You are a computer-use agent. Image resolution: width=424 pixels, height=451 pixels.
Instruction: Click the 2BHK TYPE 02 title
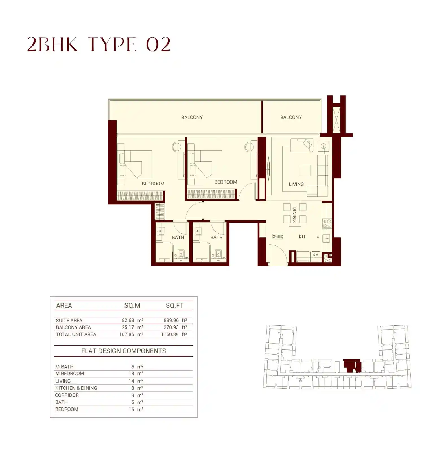[99, 45]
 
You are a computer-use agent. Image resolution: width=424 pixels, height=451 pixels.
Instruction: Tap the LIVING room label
[296, 184]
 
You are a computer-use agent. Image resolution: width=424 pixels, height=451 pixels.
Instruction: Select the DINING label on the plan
[294, 215]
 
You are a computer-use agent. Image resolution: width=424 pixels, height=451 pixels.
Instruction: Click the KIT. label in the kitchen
[303, 237]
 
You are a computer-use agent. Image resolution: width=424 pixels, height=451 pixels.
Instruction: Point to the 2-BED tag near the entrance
[278, 236]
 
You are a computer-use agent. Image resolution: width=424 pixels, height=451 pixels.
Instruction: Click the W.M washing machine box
[315, 255]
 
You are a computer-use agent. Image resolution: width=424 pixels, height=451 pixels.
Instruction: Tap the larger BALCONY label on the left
[192, 117]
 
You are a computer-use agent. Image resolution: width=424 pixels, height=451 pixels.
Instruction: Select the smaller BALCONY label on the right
[291, 117]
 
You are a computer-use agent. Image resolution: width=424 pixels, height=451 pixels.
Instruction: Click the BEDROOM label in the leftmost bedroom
[153, 184]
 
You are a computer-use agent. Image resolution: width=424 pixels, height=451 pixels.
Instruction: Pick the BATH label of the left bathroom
[178, 238]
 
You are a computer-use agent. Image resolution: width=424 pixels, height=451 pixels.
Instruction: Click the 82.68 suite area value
[128, 320]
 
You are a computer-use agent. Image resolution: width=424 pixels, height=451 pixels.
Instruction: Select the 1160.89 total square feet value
[170, 334]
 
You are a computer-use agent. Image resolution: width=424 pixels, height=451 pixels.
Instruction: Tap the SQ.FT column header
[174, 305]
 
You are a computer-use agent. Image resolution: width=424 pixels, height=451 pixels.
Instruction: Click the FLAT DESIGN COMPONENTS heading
[123, 351]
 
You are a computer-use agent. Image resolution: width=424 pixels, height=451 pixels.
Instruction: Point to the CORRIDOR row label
[67, 395]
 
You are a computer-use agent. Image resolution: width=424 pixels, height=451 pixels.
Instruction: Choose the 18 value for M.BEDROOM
[131, 374]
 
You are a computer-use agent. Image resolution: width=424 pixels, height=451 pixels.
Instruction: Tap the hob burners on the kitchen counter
[327, 223]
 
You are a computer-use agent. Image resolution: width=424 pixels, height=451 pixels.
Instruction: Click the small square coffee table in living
[305, 171]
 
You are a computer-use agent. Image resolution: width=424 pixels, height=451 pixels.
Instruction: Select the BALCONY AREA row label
[73, 327]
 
